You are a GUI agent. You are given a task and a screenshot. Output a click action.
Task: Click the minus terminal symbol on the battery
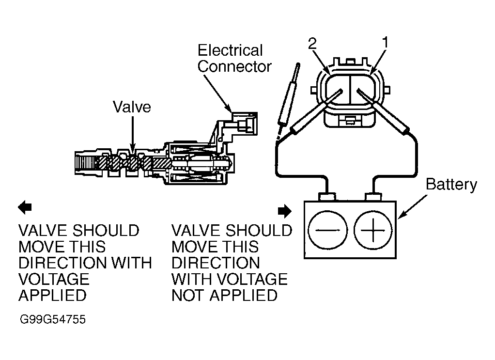click(x=327, y=230)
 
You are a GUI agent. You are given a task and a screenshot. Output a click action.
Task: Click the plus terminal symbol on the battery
click(x=373, y=230)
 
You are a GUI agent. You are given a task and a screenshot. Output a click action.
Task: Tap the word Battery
click(x=451, y=185)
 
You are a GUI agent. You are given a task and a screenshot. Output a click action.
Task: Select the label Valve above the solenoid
click(x=132, y=107)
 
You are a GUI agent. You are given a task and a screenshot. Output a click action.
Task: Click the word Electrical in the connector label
click(x=231, y=50)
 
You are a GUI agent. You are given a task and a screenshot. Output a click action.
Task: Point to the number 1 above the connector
click(x=385, y=43)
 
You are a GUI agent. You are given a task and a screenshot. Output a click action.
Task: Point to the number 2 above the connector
click(x=312, y=43)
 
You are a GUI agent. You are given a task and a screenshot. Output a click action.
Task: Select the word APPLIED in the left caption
click(x=52, y=295)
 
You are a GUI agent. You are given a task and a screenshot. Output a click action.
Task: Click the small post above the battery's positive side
click(x=373, y=197)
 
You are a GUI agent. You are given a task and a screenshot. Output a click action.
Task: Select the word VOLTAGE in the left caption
click(x=54, y=279)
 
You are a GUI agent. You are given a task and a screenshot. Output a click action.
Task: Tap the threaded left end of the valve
click(x=86, y=162)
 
